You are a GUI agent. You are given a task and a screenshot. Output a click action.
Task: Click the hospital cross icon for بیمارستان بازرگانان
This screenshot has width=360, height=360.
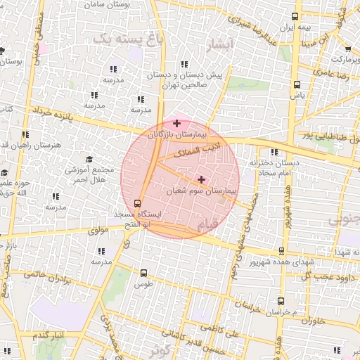176,123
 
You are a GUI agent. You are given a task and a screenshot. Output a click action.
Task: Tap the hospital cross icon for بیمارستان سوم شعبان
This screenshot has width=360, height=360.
202,179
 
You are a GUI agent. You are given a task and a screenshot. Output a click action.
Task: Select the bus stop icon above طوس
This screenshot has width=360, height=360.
143,273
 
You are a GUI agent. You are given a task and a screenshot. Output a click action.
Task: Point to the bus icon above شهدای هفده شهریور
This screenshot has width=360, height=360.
282,251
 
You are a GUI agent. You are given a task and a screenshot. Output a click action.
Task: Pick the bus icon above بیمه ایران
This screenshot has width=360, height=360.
295,18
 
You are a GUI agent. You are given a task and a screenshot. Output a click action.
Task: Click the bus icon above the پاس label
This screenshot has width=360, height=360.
297,84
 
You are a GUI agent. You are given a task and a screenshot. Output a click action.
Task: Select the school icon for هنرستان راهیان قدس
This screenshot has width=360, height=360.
25,134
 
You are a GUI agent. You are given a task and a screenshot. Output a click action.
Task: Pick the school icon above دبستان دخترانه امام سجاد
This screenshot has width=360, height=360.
274,153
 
